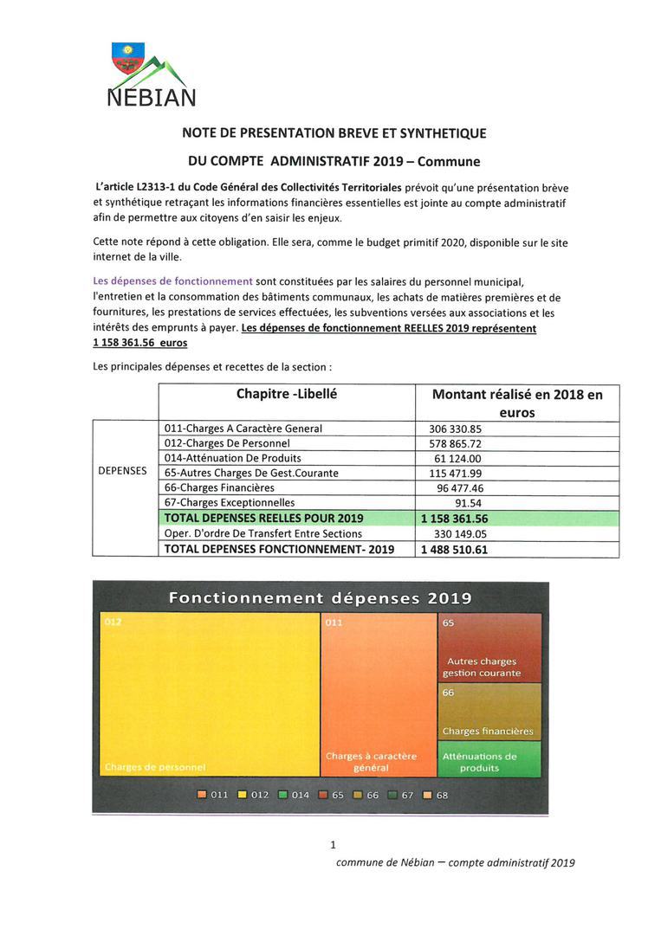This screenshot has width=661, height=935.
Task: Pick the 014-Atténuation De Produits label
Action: point(232,458)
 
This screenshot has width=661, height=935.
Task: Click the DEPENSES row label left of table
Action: point(122,471)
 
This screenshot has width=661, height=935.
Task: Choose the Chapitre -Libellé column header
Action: point(286,394)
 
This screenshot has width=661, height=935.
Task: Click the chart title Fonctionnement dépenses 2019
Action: point(320,598)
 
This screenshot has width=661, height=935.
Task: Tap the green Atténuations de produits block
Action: point(489,759)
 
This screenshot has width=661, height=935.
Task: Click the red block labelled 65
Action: point(489,648)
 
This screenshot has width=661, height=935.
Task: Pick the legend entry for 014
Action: point(295,795)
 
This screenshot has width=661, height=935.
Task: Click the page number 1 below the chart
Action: point(333,845)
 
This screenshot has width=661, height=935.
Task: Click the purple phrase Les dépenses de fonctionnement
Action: point(172,280)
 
